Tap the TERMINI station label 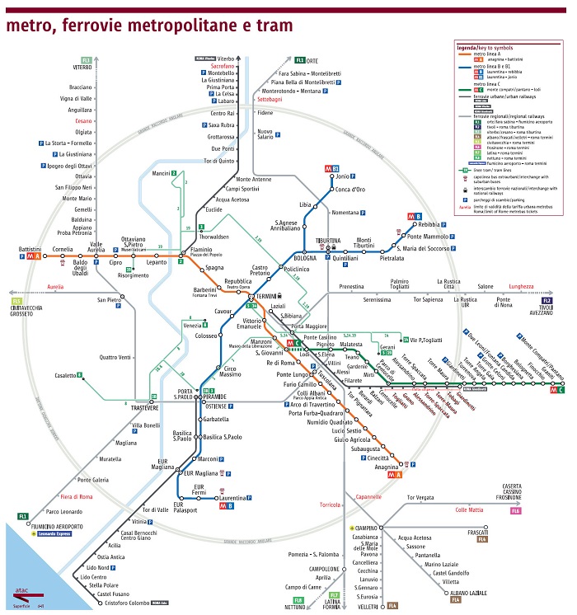click(x=266, y=296)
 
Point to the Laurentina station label click(x=233, y=498)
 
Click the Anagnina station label click(x=387, y=467)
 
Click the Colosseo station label click(x=205, y=336)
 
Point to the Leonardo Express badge click(x=49, y=533)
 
